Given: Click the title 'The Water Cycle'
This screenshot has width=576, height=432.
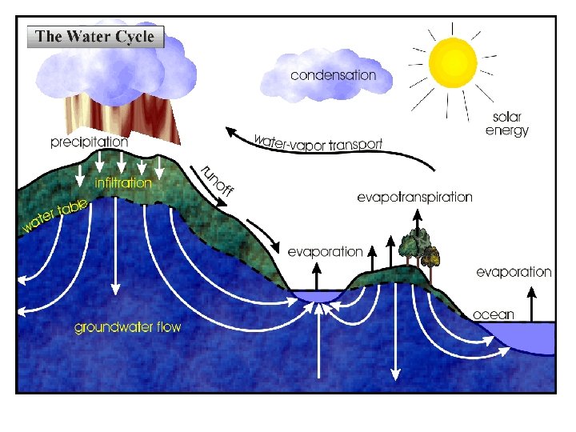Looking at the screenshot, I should (x=94, y=37).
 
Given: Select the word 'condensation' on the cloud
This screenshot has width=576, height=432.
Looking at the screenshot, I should (x=333, y=75).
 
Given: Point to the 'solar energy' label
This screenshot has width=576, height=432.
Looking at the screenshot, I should (x=506, y=124).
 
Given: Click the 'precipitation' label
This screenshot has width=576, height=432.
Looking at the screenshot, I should (x=89, y=142).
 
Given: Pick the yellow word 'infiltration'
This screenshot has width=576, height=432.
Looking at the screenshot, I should (x=123, y=183).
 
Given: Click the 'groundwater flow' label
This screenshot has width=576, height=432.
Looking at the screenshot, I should (x=128, y=327).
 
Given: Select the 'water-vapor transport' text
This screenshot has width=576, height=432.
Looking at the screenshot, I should (x=318, y=142).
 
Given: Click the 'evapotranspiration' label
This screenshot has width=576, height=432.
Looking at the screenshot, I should (x=414, y=197).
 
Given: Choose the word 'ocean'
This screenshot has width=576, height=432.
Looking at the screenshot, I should (x=494, y=314).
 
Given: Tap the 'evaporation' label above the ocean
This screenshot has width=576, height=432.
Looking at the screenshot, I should (x=514, y=272).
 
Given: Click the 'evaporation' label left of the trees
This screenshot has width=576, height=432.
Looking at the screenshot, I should (x=325, y=251).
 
